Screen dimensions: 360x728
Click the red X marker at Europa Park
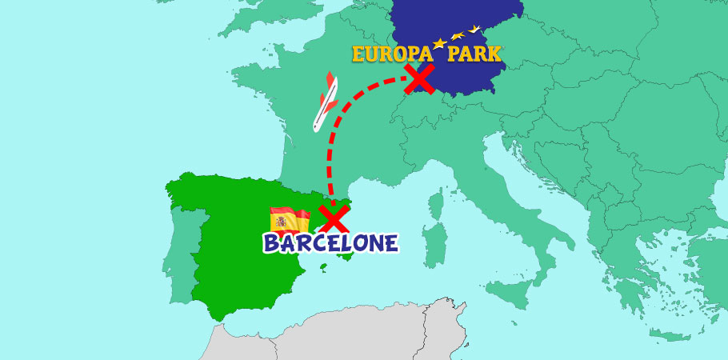click(419, 79)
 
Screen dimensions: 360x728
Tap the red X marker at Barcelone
click(333, 218)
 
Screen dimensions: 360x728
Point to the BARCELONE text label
click(330, 242)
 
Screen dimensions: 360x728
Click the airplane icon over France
click(324, 103)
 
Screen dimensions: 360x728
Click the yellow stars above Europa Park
click(457, 36)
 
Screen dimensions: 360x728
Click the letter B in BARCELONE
click(273, 243)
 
